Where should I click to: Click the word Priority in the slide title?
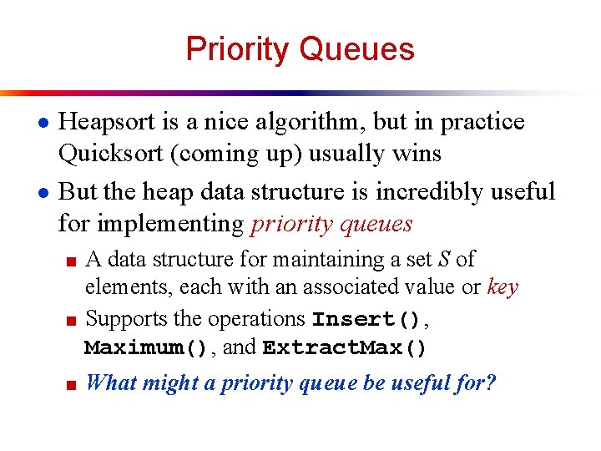pyautogui.click(x=238, y=49)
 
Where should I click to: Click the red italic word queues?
pyautogui.click(x=371, y=223)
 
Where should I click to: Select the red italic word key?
pyautogui.click(x=503, y=287)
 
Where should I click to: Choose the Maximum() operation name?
pyautogui.click(x=145, y=347)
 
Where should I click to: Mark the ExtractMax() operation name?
pyautogui.click(x=344, y=347)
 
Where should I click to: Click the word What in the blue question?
pyautogui.click(x=111, y=383)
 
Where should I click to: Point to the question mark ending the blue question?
pyautogui.click(x=491, y=383)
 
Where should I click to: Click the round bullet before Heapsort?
pyautogui.click(x=30, y=124)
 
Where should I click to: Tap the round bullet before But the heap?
pyautogui.click(x=30, y=193)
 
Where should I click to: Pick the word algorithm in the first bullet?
pyautogui.click(x=308, y=122)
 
